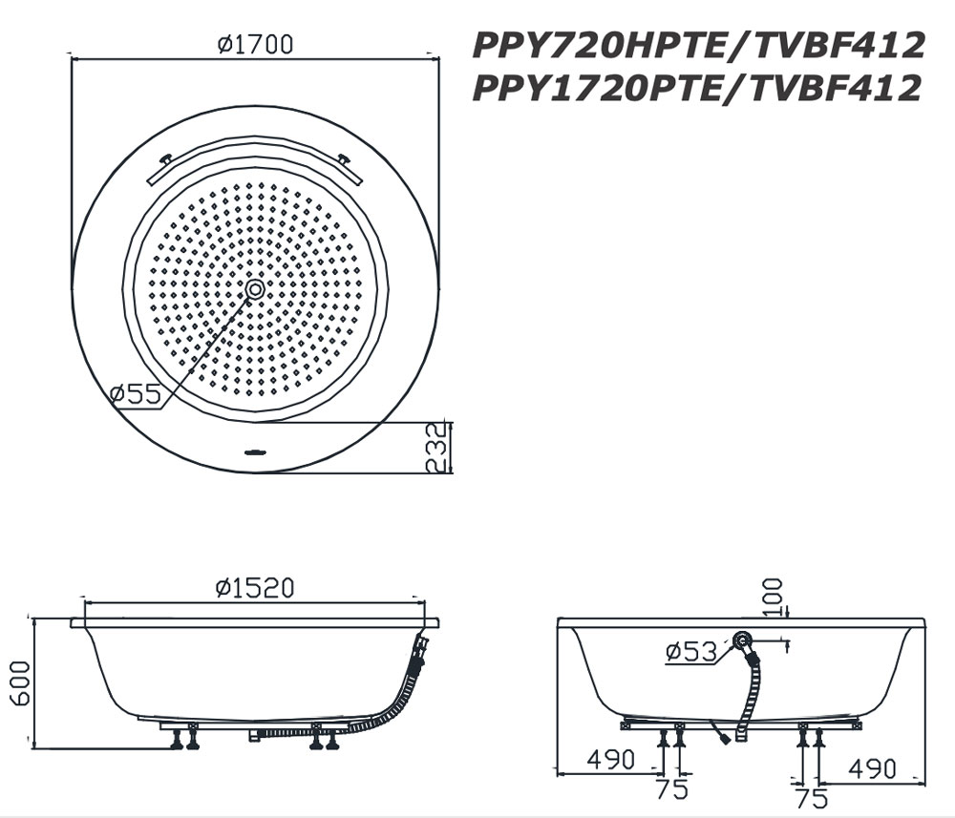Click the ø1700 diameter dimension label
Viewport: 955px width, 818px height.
click(255, 44)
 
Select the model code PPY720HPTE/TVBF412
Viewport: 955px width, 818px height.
click(698, 45)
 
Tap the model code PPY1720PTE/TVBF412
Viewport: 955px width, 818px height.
click(698, 88)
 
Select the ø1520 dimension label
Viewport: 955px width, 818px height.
click(255, 588)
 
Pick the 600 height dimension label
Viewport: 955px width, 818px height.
click(18, 682)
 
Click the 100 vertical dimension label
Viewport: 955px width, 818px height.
click(773, 598)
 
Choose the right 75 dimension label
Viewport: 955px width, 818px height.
click(811, 795)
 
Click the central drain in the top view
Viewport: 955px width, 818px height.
click(255, 288)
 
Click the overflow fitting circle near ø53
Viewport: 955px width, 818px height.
click(743, 642)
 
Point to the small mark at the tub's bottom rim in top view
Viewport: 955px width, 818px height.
click(255, 451)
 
